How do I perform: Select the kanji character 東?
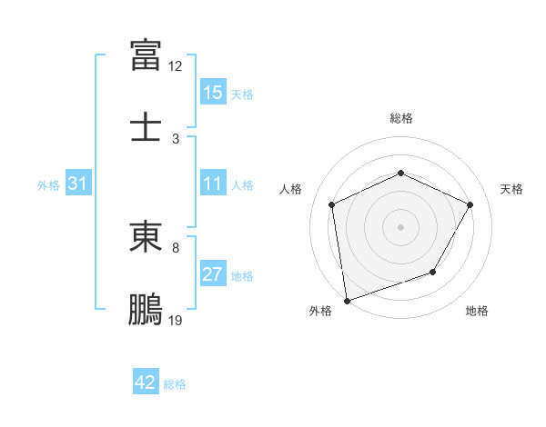coord(146,237)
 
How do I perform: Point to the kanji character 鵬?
coord(146,308)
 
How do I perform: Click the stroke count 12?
coord(176,66)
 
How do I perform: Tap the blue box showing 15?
coord(213,93)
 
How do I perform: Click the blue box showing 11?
coord(213,184)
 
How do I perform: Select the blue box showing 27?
coord(213,275)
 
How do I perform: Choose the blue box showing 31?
coord(78,184)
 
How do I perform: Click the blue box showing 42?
coord(146,382)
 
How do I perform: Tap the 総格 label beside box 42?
coord(175,384)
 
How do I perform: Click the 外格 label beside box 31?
coord(48,185)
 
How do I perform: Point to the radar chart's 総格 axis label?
coord(400,119)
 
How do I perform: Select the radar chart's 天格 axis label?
coord(511,189)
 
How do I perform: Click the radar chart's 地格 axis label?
coord(477,312)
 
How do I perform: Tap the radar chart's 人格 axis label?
coord(291,189)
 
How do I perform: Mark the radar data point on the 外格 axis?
coord(346,300)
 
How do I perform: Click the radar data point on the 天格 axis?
coord(470,204)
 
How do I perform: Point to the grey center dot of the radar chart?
coord(400,226)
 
